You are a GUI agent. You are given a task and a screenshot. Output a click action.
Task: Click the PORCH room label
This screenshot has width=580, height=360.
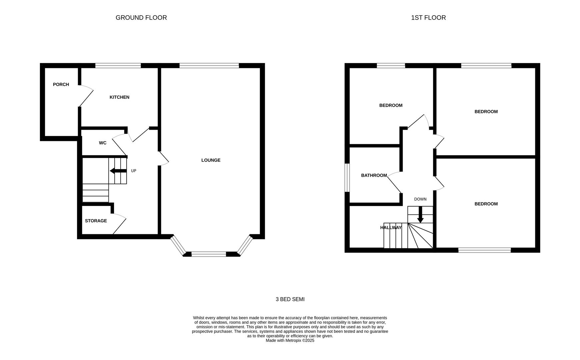point(61,84)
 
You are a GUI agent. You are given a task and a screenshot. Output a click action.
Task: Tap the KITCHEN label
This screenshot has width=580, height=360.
point(119,97)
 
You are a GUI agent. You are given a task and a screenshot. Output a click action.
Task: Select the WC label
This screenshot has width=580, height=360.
point(103,143)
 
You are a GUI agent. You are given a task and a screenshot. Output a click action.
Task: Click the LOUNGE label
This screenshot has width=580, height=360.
point(211,160)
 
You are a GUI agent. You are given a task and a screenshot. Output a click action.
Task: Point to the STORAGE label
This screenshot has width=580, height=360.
point(96,221)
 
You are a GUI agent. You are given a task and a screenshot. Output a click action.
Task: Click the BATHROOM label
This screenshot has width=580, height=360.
point(374,175)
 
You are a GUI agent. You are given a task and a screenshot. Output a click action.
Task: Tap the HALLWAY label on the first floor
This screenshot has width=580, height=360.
point(391,228)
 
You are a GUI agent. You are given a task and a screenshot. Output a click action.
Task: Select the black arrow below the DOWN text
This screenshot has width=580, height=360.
point(420,215)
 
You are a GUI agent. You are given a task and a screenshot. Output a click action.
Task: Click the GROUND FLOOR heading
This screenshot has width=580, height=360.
point(141,18)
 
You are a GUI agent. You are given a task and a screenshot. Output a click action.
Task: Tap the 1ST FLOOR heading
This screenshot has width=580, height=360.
point(428,18)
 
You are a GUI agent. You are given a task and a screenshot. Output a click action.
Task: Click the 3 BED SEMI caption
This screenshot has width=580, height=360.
point(290,299)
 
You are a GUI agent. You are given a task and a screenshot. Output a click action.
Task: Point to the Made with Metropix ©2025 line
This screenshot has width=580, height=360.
point(290,340)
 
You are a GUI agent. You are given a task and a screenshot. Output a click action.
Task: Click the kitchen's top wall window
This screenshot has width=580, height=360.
point(118,66)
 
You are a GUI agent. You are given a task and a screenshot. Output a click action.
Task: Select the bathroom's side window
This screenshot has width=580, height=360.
point(347,178)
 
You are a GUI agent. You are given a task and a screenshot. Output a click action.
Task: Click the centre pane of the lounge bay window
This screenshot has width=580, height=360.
point(209,254)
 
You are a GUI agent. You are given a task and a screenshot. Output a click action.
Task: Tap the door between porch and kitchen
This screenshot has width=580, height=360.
point(86,96)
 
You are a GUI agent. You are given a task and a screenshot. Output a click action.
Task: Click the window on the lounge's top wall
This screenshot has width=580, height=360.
point(209,66)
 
